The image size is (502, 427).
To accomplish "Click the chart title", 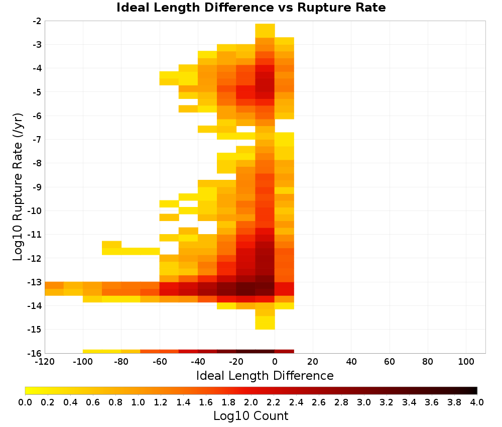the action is [x=251, y=8].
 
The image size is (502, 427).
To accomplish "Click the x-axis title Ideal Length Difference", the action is [x=265, y=375].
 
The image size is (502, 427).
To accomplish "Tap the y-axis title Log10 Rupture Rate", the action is [x=18, y=187].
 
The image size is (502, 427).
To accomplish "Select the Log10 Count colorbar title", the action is [x=250, y=416].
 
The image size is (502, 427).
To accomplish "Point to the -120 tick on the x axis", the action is [x=45, y=362].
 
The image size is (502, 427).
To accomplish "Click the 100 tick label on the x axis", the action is [x=466, y=362].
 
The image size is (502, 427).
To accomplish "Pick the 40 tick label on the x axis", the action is [x=351, y=362].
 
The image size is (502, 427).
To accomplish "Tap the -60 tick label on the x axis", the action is [x=160, y=362].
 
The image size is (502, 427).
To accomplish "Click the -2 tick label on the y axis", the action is [x=37, y=21].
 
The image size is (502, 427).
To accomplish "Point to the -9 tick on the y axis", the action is [x=37, y=187].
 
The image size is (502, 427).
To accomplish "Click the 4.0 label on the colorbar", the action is [x=477, y=402].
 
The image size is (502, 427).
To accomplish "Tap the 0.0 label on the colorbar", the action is [x=25, y=402].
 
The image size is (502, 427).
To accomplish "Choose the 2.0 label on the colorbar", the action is [x=251, y=402].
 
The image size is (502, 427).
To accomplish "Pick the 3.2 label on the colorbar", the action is [x=387, y=402].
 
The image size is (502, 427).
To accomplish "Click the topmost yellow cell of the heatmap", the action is [x=265, y=31].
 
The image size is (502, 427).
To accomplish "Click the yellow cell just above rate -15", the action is [x=265, y=323].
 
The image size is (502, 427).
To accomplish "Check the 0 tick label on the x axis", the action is [x=275, y=362].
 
